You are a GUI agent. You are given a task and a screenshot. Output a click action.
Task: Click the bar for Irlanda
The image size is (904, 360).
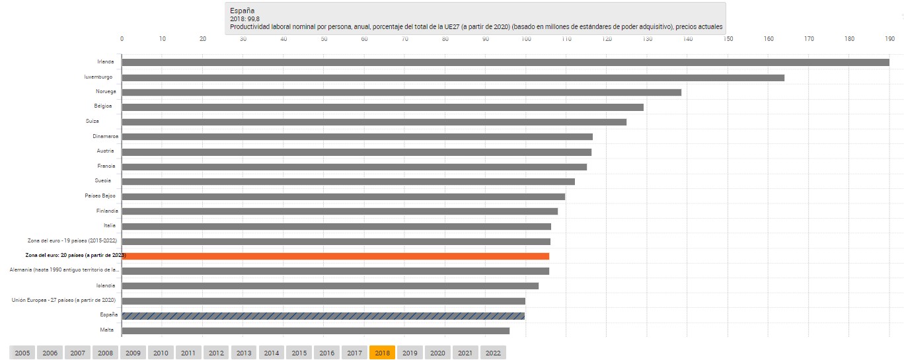click(x=506, y=63)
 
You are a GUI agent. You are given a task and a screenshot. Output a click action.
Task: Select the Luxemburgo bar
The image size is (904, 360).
click(x=453, y=77)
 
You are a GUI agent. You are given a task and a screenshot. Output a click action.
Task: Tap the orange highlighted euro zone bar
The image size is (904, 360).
click(x=335, y=256)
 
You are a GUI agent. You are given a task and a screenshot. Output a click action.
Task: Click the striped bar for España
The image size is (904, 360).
click(x=323, y=316)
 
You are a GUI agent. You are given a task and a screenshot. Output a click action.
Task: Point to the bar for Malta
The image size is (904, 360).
click(x=315, y=330)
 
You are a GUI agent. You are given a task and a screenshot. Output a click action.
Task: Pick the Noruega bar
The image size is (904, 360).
click(x=401, y=92)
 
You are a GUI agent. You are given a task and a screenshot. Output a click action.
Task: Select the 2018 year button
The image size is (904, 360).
click(x=382, y=353)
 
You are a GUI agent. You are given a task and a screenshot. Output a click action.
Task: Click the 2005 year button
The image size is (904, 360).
click(x=22, y=353)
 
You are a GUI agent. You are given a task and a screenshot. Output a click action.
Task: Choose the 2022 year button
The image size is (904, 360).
click(x=493, y=353)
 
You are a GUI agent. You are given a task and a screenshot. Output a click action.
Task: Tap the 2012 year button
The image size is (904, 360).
click(x=216, y=353)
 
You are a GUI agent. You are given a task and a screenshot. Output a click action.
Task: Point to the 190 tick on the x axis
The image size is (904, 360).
click(x=889, y=38)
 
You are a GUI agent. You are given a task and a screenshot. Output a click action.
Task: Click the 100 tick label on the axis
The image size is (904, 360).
click(x=526, y=38)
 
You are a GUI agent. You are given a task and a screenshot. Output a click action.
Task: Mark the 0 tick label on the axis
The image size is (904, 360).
click(x=122, y=38)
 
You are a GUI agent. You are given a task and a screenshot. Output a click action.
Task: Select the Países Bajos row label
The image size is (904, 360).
click(x=100, y=196)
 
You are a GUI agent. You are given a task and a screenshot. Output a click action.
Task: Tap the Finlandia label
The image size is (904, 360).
click(x=107, y=211)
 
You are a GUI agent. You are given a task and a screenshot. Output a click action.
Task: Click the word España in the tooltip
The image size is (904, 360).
click(x=241, y=11)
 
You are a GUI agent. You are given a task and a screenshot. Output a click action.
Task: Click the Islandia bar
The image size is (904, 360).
click(x=330, y=286)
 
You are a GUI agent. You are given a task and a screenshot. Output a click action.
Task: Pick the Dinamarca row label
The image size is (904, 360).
click(x=105, y=136)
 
